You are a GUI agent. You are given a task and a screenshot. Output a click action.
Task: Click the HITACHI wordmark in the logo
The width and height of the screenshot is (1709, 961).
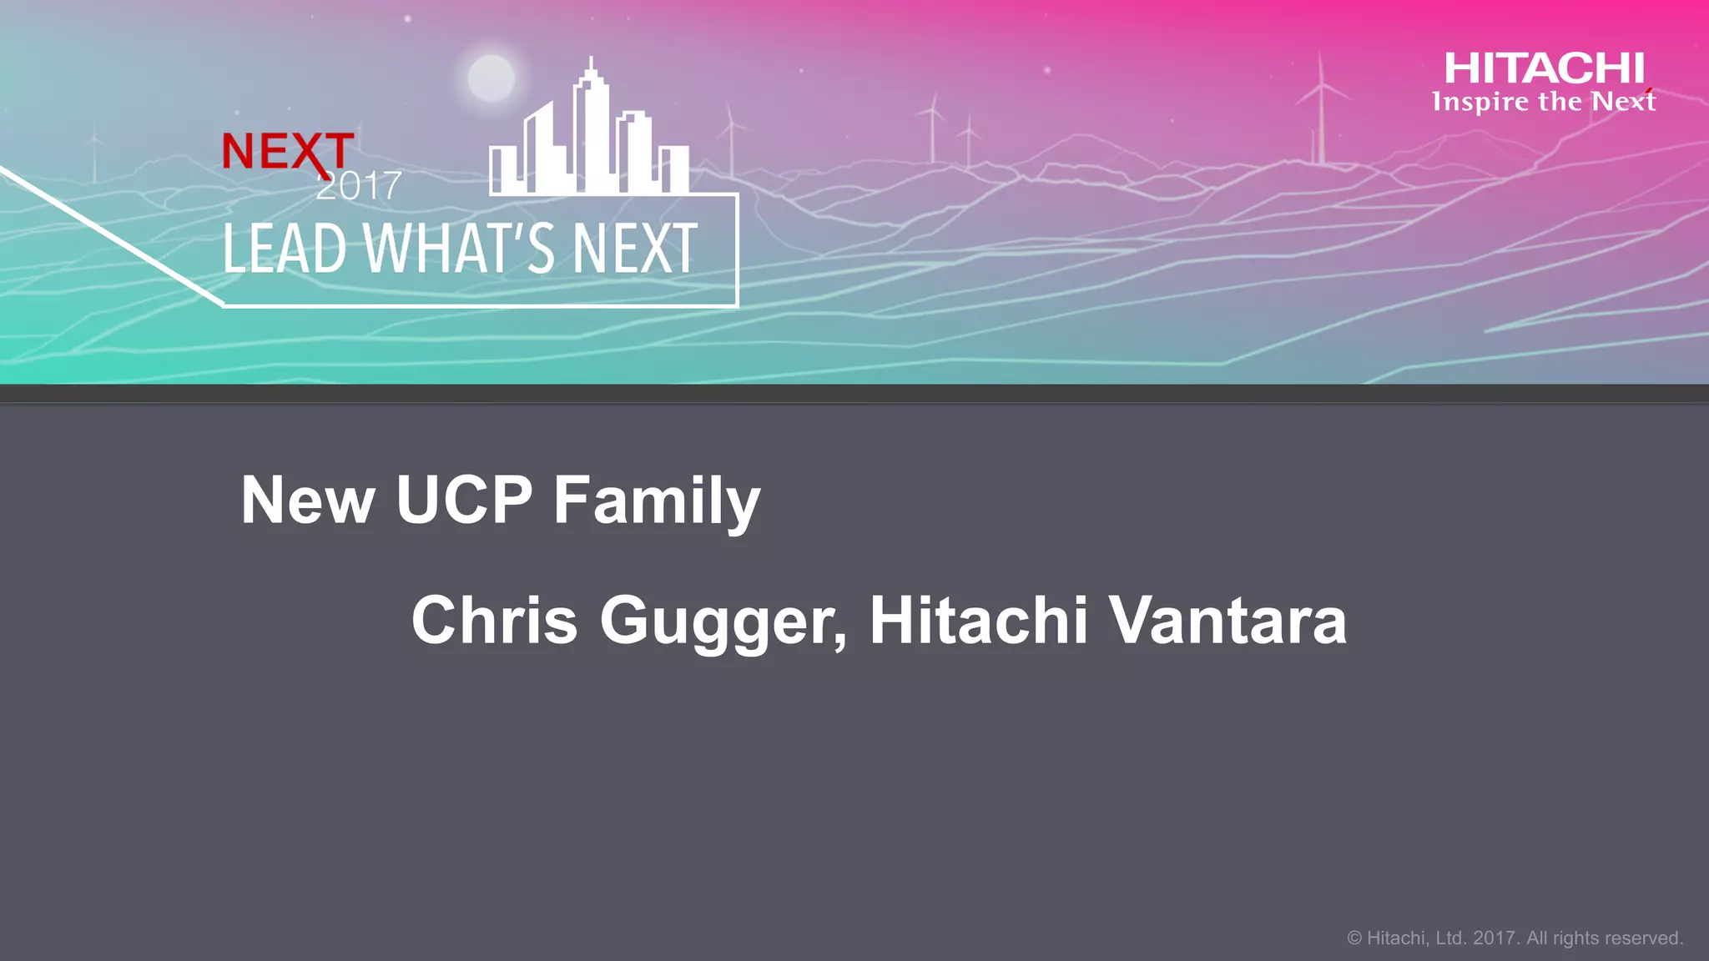coord(1544,68)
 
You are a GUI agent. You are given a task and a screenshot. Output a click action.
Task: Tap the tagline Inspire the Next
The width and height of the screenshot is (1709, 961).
coord(1544,102)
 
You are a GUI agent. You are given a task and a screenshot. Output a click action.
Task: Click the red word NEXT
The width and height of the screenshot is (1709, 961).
coord(287,151)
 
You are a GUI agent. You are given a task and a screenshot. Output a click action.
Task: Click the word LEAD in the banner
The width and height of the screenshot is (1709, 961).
coord(285,249)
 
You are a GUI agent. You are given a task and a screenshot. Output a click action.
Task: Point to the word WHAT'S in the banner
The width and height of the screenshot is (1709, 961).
coord(458,249)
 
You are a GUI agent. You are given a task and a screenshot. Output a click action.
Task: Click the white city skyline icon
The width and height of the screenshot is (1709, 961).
coord(589,142)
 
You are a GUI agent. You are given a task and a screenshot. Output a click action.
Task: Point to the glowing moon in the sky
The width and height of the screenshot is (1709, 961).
coord(491,78)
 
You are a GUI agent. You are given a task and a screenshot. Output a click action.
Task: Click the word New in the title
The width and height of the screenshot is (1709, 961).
coord(307,501)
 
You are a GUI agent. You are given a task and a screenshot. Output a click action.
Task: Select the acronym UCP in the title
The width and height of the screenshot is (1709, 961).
coord(464,501)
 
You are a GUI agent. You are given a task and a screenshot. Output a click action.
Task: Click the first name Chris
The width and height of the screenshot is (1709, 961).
coord(494,621)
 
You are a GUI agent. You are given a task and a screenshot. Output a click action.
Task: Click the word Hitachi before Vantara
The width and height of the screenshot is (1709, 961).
coord(979,621)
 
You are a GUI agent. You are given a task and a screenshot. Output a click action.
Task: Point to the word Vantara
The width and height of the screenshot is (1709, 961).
coord(1227,621)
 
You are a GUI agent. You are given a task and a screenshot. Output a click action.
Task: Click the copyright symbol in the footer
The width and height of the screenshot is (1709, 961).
coord(1354,938)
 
